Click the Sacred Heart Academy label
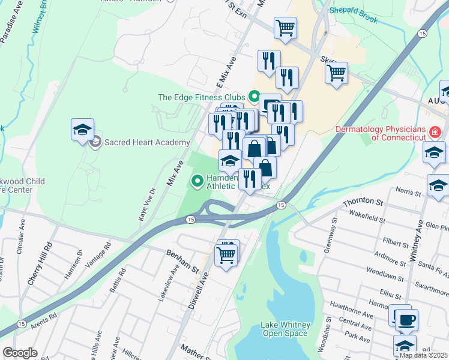coord(147,142)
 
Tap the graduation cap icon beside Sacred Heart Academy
coord(82,130)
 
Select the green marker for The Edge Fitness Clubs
coord(254,97)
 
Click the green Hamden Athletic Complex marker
coord(196,180)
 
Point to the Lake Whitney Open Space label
coord(285,329)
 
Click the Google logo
coord(20,352)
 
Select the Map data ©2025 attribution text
coord(423,355)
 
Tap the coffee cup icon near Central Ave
coord(406,319)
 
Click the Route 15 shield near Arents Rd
coord(22,324)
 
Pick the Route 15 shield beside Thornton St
coord(280,206)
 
